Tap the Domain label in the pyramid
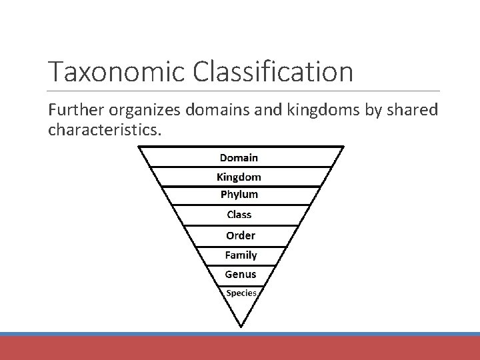pyautogui.click(x=239, y=158)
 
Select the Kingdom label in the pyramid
pyautogui.click(x=239, y=177)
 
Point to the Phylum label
pyautogui.click(x=239, y=195)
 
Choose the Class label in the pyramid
pyautogui.click(x=239, y=215)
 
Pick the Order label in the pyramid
pyautogui.click(x=240, y=235)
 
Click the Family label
pyautogui.click(x=240, y=255)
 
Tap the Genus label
pyautogui.click(x=240, y=274)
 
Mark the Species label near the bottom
pyautogui.click(x=241, y=293)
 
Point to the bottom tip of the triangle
pyautogui.click(x=241, y=326)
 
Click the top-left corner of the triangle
pyautogui.click(x=139, y=147)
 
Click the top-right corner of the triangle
pyautogui.click(x=344, y=147)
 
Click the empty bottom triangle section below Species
pyautogui.click(x=241, y=310)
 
